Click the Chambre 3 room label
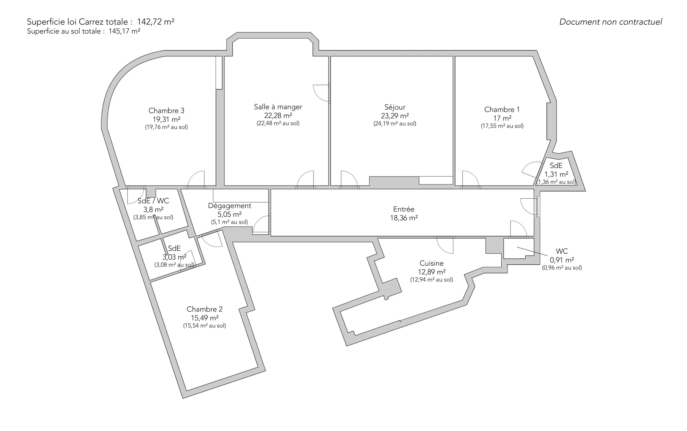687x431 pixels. point(166,111)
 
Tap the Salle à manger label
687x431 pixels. point(278,107)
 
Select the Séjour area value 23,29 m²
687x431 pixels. point(395,116)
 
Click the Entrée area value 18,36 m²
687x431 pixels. point(404,218)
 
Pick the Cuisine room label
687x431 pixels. point(431,263)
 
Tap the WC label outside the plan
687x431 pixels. point(562,251)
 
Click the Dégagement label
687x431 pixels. point(229,206)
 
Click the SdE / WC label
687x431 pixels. point(153,201)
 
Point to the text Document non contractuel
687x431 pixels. point(611,22)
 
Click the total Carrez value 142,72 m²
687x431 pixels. point(156,22)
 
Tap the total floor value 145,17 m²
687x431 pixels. point(124,31)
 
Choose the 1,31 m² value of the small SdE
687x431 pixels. point(556,174)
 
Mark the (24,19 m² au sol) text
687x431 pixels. point(395,124)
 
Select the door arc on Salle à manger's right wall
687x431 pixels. point(322,93)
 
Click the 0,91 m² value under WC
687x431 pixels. point(562,260)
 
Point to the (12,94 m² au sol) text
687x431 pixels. point(431,280)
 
